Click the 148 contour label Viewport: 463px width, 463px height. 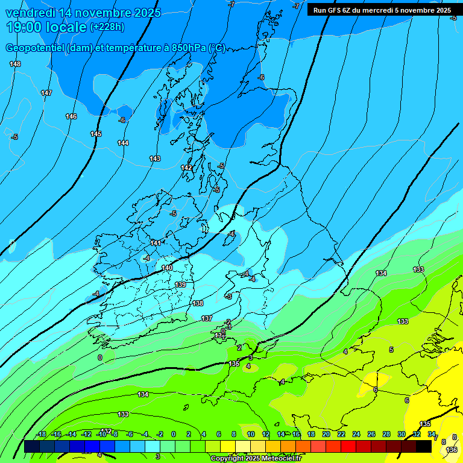(x=15, y=64)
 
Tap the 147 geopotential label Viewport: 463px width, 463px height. (x=46, y=93)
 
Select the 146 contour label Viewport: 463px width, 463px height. (x=71, y=116)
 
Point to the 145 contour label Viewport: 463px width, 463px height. (x=96, y=134)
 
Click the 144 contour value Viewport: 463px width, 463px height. (x=123, y=143)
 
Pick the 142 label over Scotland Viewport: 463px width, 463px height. (x=186, y=168)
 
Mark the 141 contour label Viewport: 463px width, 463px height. (x=156, y=243)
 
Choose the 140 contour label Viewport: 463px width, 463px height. (x=167, y=268)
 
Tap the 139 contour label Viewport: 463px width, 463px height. (x=180, y=285)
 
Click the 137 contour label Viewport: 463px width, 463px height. (x=207, y=318)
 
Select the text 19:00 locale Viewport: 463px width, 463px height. (x=46, y=27)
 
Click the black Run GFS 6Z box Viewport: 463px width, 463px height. (x=382, y=10)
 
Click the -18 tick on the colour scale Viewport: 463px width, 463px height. (x=42, y=434)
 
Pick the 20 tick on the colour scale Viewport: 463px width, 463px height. (x=326, y=434)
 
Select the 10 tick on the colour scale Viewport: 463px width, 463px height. (x=250, y=434)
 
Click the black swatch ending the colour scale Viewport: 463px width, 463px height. (x=424, y=446)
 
